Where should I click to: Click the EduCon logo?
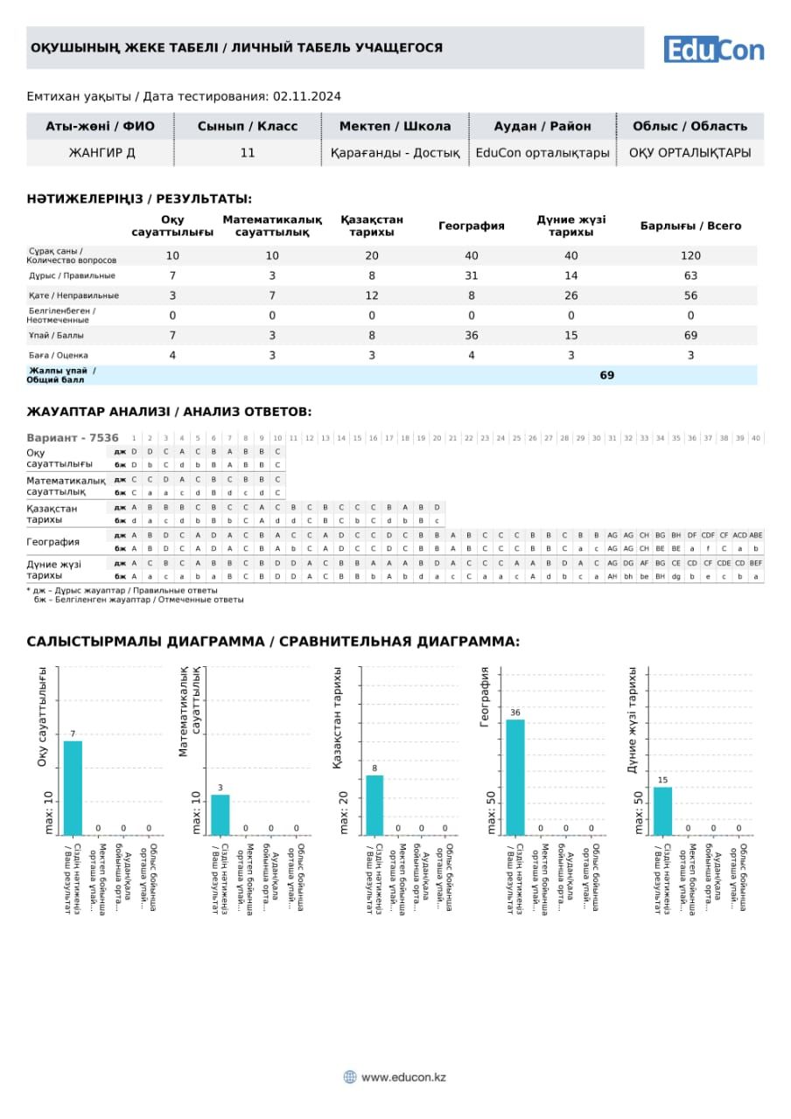click(713, 50)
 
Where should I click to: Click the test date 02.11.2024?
click(307, 96)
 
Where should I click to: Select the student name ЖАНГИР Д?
click(101, 153)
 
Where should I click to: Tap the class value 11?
click(248, 153)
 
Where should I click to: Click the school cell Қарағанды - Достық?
click(395, 153)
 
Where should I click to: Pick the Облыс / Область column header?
click(689, 126)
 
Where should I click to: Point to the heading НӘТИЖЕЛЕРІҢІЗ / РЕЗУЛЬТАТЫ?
click(139, 199)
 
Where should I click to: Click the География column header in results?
click(471, 226)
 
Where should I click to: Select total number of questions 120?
click(690, 255)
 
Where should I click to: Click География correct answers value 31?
click(471, 275)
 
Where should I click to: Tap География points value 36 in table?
click(471, 336)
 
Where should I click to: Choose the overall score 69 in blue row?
click(606, 375)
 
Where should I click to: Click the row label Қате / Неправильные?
click(73, 295)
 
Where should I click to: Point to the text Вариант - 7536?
click(73, 438)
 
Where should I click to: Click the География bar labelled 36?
click(515, 776)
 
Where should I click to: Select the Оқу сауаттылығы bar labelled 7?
click(73, 788)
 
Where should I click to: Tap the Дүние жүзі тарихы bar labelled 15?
click(663, 810)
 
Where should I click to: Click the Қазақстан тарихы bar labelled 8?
click(374, 804)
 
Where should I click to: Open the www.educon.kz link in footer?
click(403, 1077)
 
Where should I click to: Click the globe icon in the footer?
click(350, 1077)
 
